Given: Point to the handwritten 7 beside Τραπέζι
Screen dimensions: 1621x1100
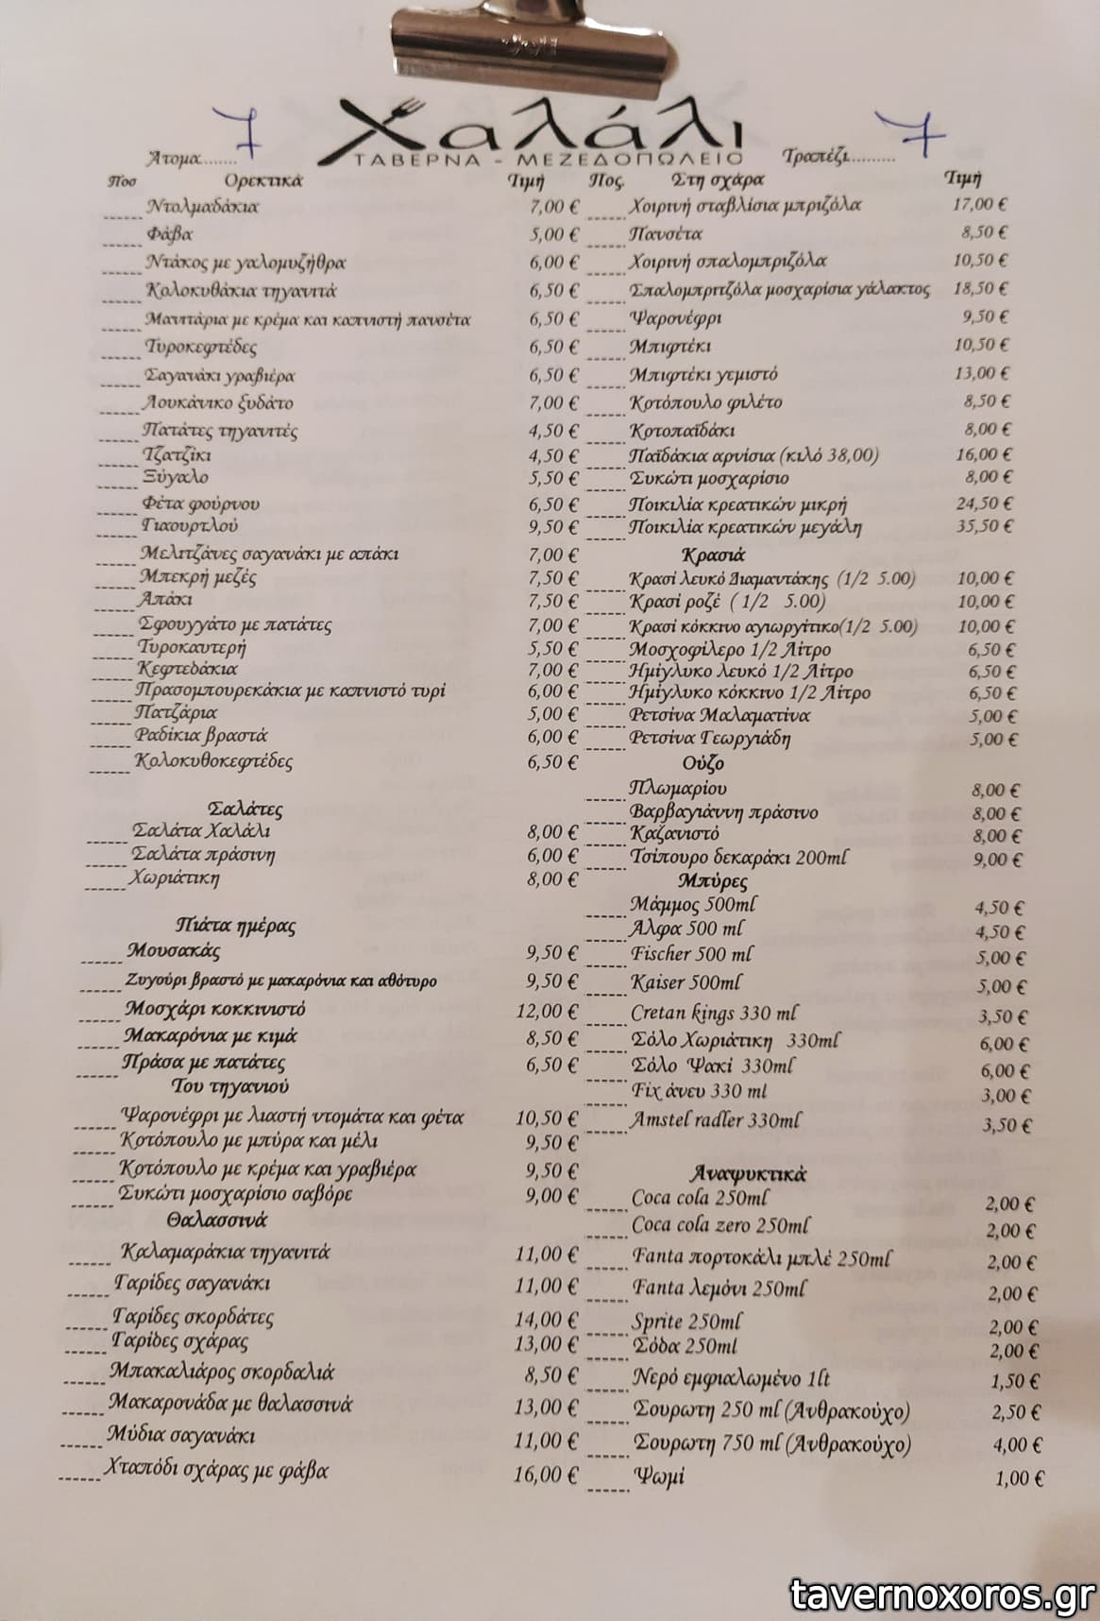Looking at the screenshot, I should tap(910, 136).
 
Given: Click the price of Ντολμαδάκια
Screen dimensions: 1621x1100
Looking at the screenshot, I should tap(553, 206).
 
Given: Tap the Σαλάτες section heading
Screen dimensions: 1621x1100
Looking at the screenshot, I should tap(244, 809).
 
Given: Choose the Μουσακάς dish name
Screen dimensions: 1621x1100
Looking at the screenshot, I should tap(173, 950).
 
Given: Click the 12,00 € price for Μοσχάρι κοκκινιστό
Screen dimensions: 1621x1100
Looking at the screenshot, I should tap(547, 1011).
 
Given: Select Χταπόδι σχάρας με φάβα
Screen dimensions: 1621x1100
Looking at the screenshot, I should tap(216, 1470).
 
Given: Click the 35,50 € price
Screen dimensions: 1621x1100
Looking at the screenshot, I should tap(985, 526).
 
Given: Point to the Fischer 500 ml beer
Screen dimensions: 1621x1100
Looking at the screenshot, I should tap(691, 954).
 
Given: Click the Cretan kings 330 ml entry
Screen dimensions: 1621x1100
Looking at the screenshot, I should tap(713, 1015).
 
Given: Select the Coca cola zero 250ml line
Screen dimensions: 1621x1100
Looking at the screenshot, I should tap(719, 1225).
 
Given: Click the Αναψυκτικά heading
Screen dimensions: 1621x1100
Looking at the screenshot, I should tap(748, 1174).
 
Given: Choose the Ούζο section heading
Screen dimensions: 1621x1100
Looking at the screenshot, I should tap(702, 762).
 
